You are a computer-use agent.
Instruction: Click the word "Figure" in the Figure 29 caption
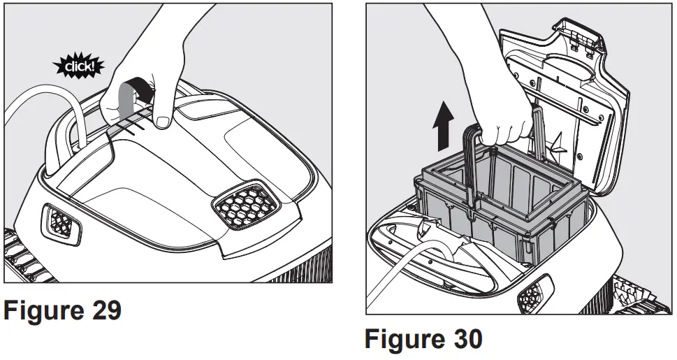coord(42,310)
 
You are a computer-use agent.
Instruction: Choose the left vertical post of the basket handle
coord(470,168)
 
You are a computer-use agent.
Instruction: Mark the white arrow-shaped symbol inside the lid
coord(559,144)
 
